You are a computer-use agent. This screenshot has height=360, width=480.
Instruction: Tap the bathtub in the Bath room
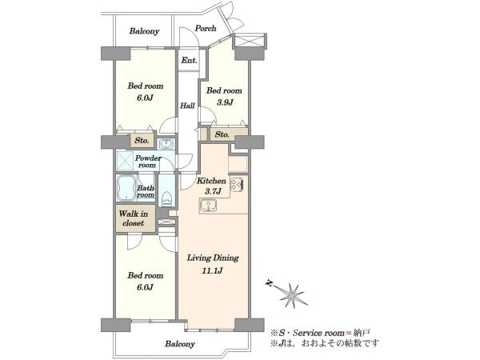126,188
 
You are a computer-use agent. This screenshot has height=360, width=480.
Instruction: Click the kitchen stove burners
237,185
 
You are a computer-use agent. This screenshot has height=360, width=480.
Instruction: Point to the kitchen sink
208,205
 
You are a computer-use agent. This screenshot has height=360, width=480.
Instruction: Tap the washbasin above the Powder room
166,144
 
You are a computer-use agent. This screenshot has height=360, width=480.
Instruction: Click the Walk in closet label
134,218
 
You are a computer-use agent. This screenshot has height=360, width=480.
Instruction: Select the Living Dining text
213,258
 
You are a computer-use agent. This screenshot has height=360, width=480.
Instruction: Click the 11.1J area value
212,271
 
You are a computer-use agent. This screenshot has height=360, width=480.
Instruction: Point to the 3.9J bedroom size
225,102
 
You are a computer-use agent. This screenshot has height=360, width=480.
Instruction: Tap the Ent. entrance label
189,60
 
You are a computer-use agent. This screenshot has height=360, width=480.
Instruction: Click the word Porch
206,28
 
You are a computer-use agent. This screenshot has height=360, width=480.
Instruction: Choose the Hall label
187,106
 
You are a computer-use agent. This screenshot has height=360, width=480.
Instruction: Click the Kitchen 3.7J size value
213,192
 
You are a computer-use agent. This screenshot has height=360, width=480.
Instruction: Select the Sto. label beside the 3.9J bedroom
222,134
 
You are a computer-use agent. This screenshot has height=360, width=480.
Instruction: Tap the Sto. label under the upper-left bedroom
142,141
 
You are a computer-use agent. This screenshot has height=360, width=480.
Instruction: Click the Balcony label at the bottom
180,344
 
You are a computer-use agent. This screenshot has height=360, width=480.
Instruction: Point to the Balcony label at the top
144,31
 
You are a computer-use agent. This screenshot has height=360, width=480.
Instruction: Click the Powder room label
148,162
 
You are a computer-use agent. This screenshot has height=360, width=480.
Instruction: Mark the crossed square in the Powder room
125,161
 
